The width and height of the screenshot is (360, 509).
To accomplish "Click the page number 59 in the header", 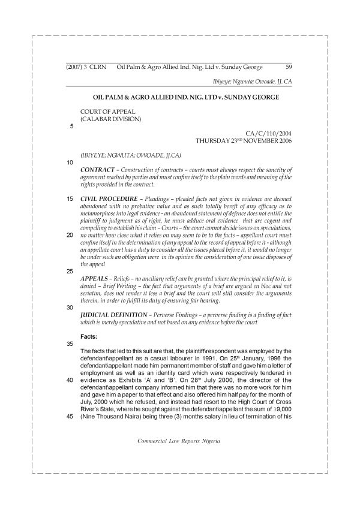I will point(288,67).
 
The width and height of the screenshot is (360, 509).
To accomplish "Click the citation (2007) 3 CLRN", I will point(86,67).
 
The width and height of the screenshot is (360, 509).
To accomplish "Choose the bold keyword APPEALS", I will point(94,279).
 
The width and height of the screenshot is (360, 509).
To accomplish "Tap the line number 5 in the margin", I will point(72,127).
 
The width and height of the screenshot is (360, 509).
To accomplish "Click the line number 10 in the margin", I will point(71,162).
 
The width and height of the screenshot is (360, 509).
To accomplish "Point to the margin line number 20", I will point(71,236).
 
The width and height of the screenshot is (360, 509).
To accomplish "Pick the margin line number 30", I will point(71,307).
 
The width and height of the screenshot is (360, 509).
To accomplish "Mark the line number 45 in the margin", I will point(71,418).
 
